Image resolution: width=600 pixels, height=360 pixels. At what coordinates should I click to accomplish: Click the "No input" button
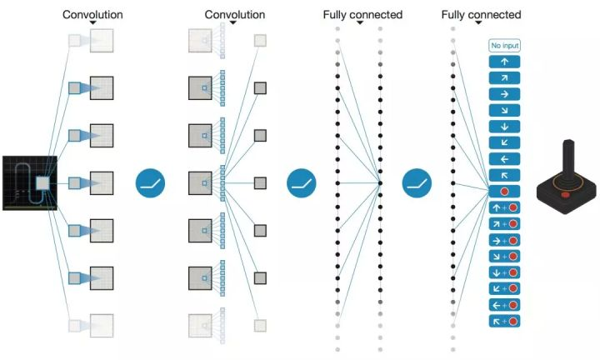[504, 46]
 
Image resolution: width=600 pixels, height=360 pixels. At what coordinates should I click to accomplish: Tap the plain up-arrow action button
[504, 62]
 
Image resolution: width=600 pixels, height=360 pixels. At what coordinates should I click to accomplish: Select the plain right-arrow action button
[504, 94]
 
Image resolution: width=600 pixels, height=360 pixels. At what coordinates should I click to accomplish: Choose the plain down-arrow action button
[504, 127]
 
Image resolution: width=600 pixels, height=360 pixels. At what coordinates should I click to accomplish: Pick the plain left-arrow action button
[504, 159]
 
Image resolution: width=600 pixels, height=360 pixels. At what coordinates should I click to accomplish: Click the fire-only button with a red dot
[504, 192]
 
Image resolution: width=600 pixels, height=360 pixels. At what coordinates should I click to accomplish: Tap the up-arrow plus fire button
[504, 207]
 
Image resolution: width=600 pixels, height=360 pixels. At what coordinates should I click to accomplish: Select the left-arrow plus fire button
[504, 305]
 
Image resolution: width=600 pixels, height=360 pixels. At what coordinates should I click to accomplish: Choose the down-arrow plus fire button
[504, 272]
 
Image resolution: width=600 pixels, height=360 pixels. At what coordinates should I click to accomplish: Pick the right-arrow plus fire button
[504, 240]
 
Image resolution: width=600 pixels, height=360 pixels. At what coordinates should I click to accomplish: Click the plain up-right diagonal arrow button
[504, 78]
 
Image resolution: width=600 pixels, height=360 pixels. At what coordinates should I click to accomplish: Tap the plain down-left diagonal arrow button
[504, 142]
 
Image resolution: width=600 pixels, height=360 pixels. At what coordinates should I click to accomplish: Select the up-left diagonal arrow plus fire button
[504, 321]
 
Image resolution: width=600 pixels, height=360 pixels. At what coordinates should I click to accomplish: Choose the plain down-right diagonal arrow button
[504, 111]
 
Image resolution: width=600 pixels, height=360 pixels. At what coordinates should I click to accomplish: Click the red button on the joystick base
[566, 195]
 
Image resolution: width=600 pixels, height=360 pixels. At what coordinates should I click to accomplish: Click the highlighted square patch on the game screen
[42, 183]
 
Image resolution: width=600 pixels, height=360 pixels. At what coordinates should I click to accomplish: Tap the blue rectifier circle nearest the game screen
[150, 183]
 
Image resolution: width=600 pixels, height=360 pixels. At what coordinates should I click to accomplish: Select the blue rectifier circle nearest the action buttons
[417, 183]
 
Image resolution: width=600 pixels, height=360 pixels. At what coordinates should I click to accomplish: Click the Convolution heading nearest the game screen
[92, 14]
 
